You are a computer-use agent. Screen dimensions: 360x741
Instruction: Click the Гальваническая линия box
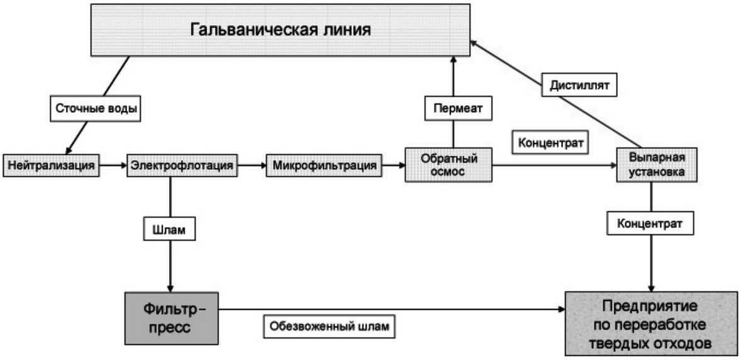point(281,30)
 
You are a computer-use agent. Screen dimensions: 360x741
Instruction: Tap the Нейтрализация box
point(51,166)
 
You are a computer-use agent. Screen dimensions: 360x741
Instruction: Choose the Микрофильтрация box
point(325,166)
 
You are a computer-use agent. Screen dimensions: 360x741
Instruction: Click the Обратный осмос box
point(448,165)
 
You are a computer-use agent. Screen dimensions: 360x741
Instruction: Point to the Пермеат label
point(457,108)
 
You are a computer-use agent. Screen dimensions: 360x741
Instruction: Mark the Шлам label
point(169,229)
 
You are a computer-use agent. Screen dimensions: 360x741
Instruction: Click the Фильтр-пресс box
point(166,318)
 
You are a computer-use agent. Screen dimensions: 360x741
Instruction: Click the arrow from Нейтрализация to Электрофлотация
point(113,166)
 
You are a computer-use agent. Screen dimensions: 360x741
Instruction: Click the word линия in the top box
point(343,30)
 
